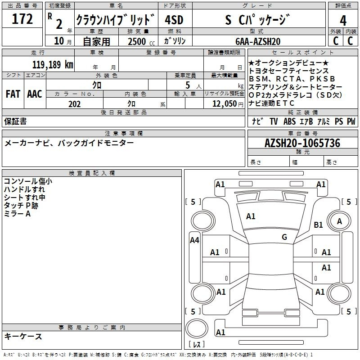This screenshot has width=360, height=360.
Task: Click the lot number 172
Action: (23, 20)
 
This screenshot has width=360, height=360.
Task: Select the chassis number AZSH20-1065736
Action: (302, 144)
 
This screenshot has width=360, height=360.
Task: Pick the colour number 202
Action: (74, 103)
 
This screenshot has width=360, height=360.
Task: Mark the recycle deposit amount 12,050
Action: (221, 103)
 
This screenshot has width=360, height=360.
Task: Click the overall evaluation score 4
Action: (343, 20)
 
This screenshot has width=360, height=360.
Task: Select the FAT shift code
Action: (13, 94)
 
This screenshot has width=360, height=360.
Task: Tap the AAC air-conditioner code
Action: (35, 94)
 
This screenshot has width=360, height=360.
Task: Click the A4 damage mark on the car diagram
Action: (194, 240)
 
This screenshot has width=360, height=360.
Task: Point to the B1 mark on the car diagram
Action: (319, 225)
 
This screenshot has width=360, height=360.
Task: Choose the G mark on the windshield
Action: (284, 237)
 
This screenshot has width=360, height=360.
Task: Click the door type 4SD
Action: (174, 20)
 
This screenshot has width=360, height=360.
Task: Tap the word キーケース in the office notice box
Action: (23, 336)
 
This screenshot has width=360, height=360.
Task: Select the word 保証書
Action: (15, 121)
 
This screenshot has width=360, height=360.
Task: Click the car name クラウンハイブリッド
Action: (115, 20)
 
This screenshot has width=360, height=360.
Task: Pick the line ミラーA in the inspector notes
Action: (17, 213)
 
